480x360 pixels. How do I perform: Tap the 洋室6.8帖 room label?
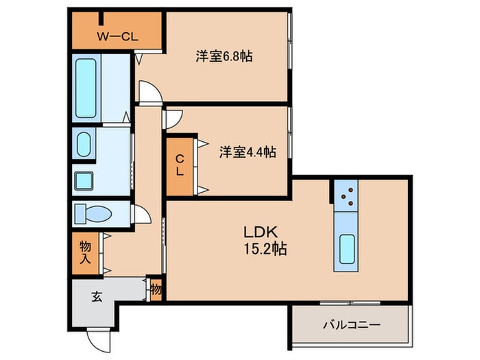224,57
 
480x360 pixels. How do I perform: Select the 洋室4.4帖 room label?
248,152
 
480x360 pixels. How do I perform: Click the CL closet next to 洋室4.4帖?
180,165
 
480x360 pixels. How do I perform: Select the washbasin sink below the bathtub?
84,144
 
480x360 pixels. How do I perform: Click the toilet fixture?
91,214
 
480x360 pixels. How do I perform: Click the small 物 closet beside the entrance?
156,289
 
